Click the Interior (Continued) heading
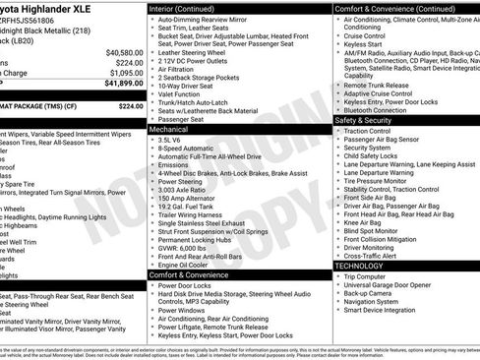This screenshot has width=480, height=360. pyautogui.click(x=188, y=8)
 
